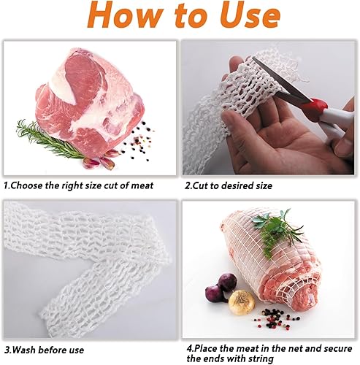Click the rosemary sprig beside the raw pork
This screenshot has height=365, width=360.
50,139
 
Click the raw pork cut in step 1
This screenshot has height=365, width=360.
90,102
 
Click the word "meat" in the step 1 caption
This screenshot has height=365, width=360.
142,185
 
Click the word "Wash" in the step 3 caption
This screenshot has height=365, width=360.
24,350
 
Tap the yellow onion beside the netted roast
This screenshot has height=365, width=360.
242,302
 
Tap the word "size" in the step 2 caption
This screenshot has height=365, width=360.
264,185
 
